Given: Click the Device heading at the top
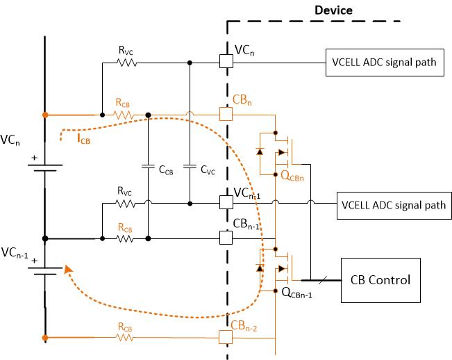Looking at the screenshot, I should pos(333,10).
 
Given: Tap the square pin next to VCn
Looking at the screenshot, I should pos(225,61).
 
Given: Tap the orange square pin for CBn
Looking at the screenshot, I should pos(225,113).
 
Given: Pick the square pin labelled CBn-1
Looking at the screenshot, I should pos(225,237).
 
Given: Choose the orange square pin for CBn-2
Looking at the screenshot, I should pos(225,337).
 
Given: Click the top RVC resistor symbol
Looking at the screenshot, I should pos(126,62).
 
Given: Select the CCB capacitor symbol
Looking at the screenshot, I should pos(148,167).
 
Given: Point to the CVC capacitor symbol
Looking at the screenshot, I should pos(190,167).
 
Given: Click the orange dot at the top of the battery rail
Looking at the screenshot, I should pos(45,113).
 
